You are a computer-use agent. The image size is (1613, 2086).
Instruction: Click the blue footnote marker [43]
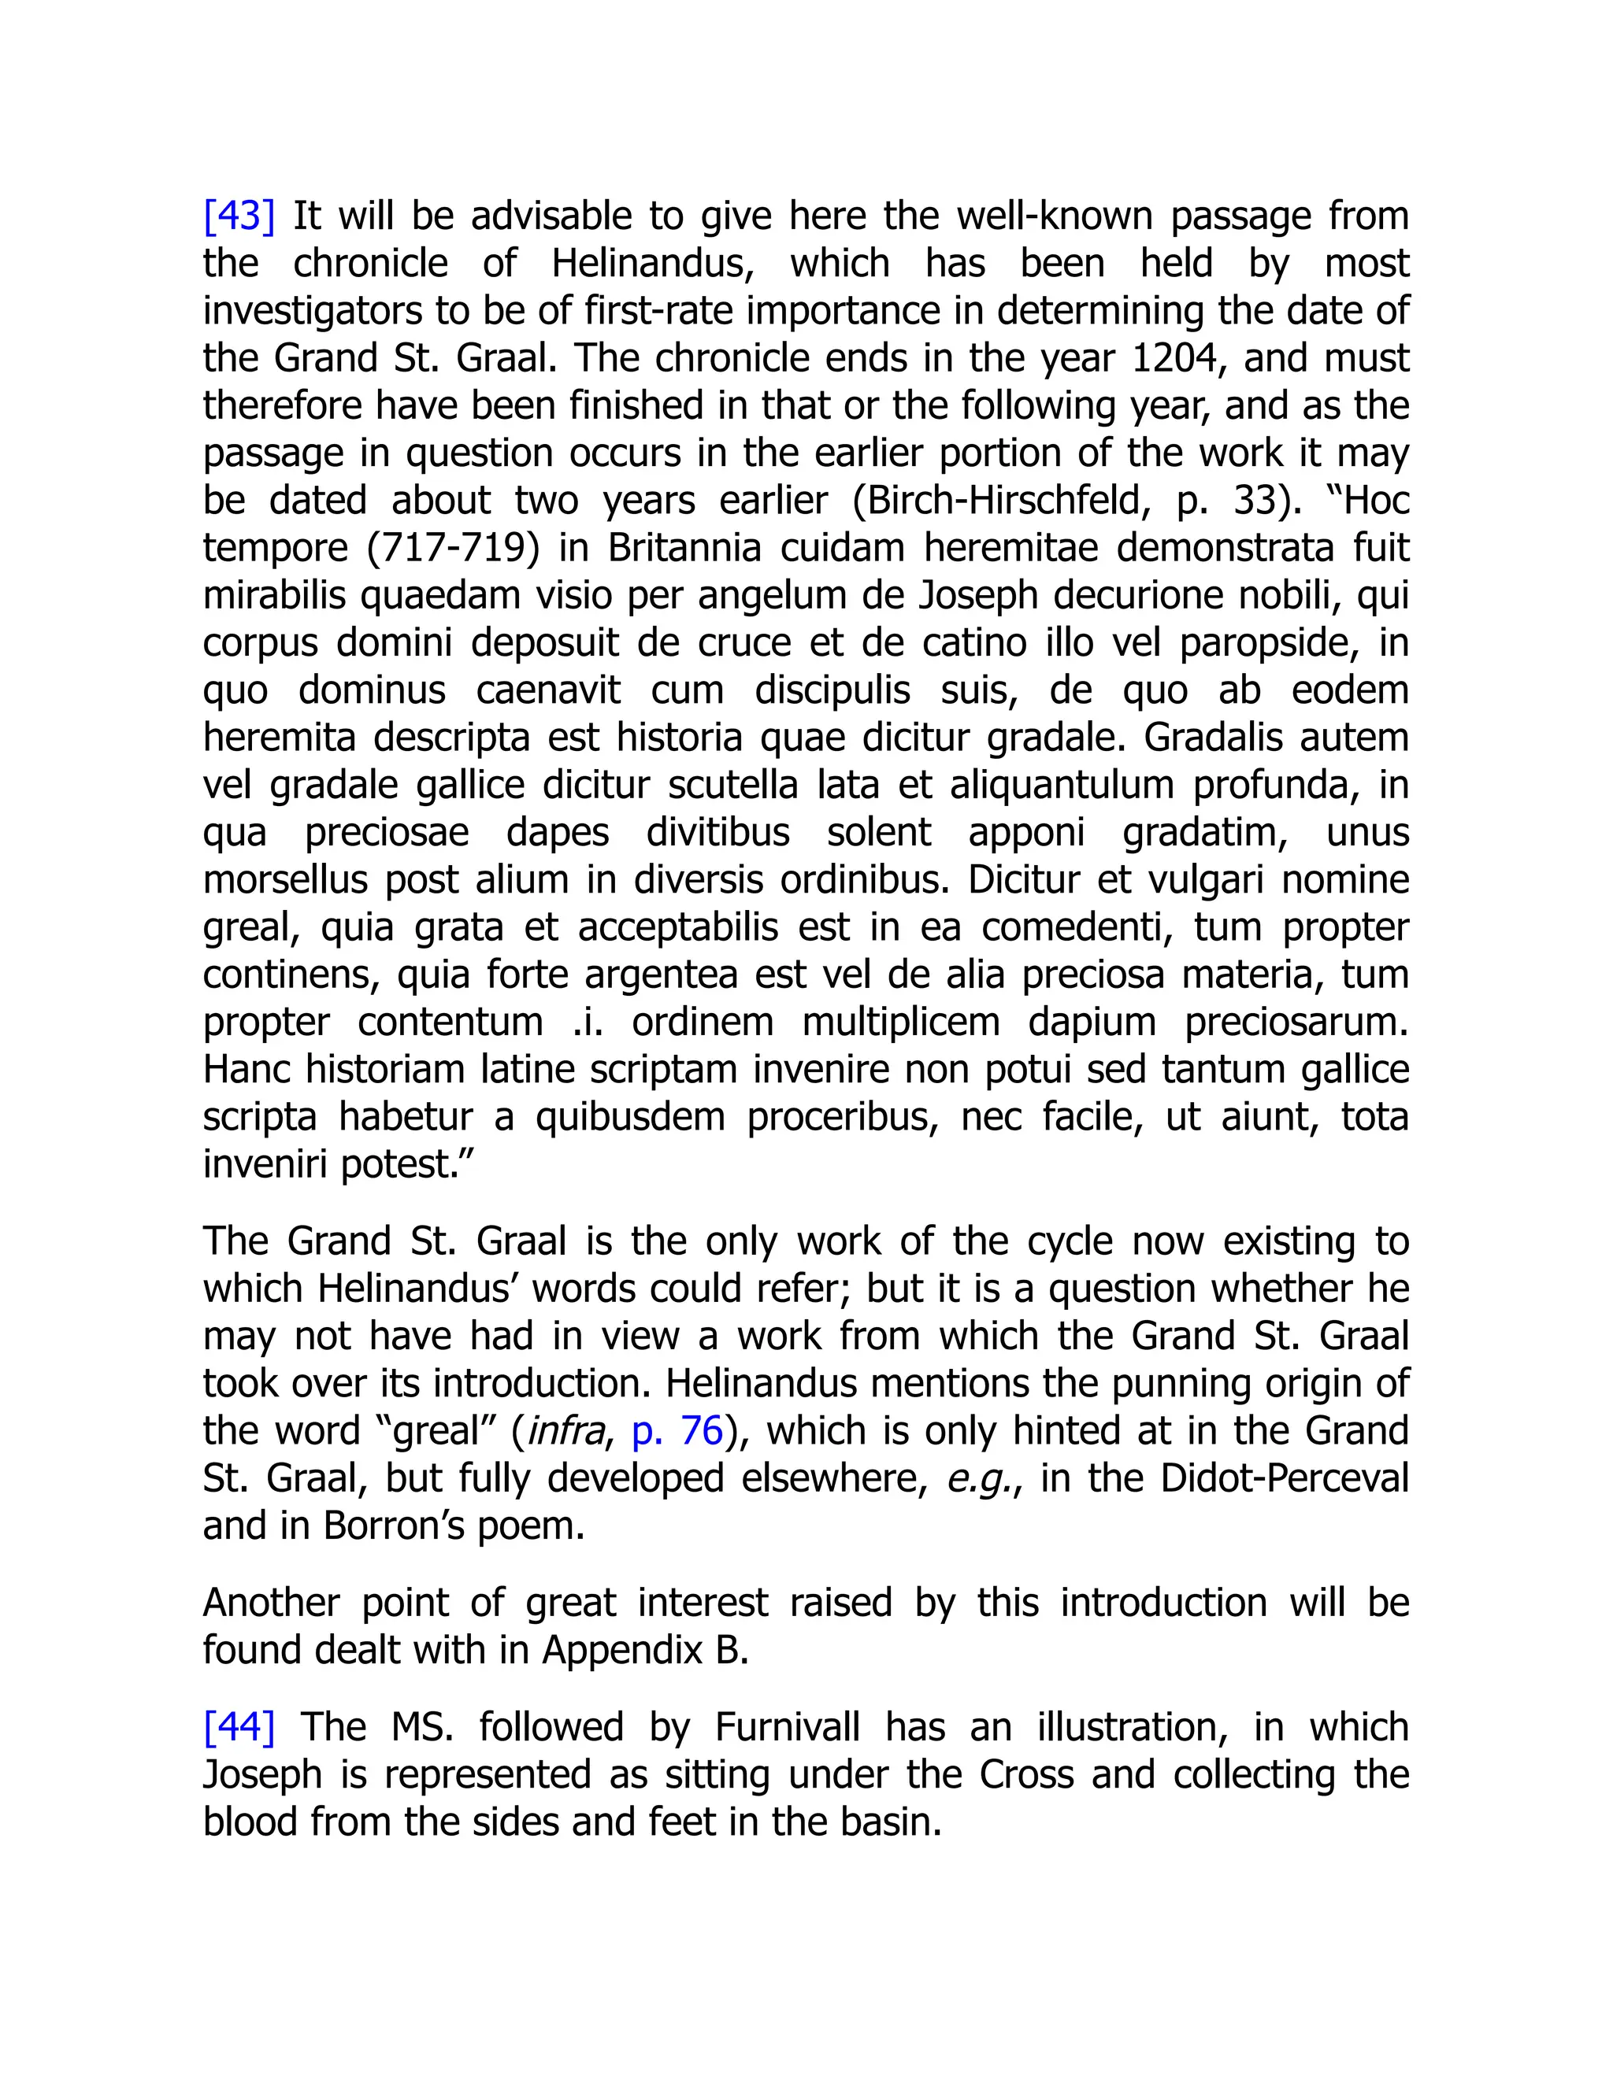pos(239,216)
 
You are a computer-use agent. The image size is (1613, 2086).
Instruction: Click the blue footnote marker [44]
pos(239,1727)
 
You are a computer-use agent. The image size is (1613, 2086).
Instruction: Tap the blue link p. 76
pos(677,1431)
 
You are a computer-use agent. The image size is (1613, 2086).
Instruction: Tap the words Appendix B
pos(646,1649)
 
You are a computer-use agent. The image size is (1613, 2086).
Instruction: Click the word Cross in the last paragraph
pos(1028,1774)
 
